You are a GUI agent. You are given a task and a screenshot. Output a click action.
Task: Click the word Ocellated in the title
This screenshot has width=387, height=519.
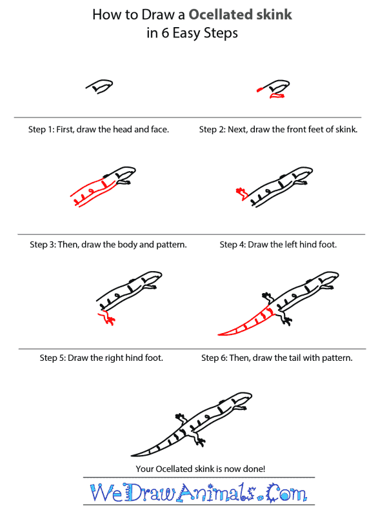click(x=220, y=15)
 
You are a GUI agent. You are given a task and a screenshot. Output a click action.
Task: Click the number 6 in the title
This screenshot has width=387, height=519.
click(x=165, y=33)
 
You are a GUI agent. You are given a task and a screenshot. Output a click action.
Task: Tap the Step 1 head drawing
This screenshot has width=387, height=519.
click(x=99, y=86)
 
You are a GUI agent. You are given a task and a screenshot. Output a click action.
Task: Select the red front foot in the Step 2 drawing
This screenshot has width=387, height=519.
click(x=277, y=96)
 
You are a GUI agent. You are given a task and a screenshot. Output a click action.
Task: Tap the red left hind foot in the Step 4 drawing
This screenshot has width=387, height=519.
click(x=241, y=194)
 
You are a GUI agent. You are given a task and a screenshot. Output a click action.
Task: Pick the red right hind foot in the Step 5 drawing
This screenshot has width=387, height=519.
click(x=106, y=318)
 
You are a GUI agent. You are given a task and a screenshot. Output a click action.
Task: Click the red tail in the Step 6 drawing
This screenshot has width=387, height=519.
click(x=246, y=323)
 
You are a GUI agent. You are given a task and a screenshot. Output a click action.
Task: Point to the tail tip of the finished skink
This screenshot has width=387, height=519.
click(x=132, y=456)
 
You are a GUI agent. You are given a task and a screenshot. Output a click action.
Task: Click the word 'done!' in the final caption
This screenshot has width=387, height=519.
click(x=254, y=469)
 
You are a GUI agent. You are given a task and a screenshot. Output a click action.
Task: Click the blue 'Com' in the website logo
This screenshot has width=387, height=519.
click(x=286, y=493)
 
